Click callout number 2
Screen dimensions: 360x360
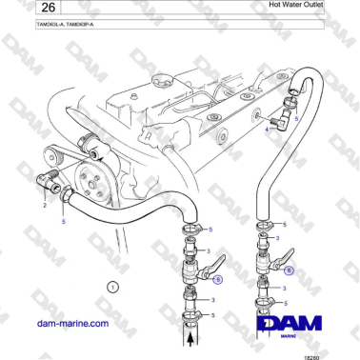coord(45,204)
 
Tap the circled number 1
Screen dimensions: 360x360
coord(112,286)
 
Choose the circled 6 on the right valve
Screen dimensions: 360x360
coord(290,270)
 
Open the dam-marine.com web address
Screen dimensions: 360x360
coord(71,324)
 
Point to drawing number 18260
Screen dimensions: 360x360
coord(338,354)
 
